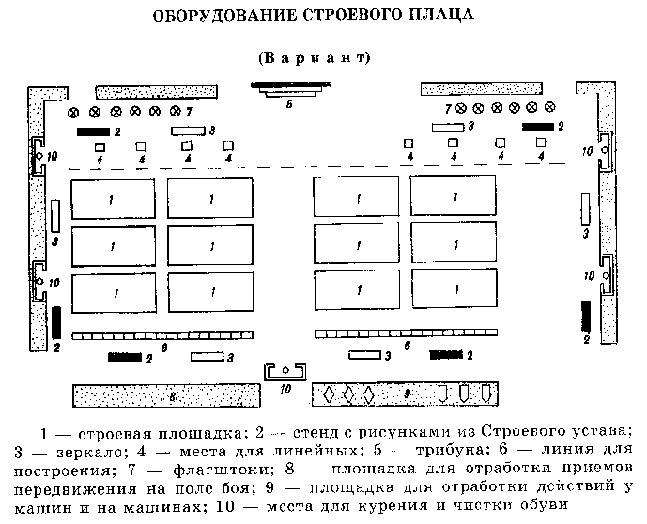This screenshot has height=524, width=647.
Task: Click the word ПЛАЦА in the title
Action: tap(431, 16)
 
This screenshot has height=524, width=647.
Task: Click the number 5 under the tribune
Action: tap(289, 104)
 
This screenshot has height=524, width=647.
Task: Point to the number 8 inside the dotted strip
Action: tap(173, 396)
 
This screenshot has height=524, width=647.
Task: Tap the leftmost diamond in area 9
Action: tap(329, 394)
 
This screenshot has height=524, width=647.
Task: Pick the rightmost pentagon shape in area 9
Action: tap(485, 393)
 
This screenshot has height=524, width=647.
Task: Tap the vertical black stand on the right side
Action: tap(586, 315)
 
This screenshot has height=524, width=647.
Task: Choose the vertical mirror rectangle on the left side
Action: tap(55, 216)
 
